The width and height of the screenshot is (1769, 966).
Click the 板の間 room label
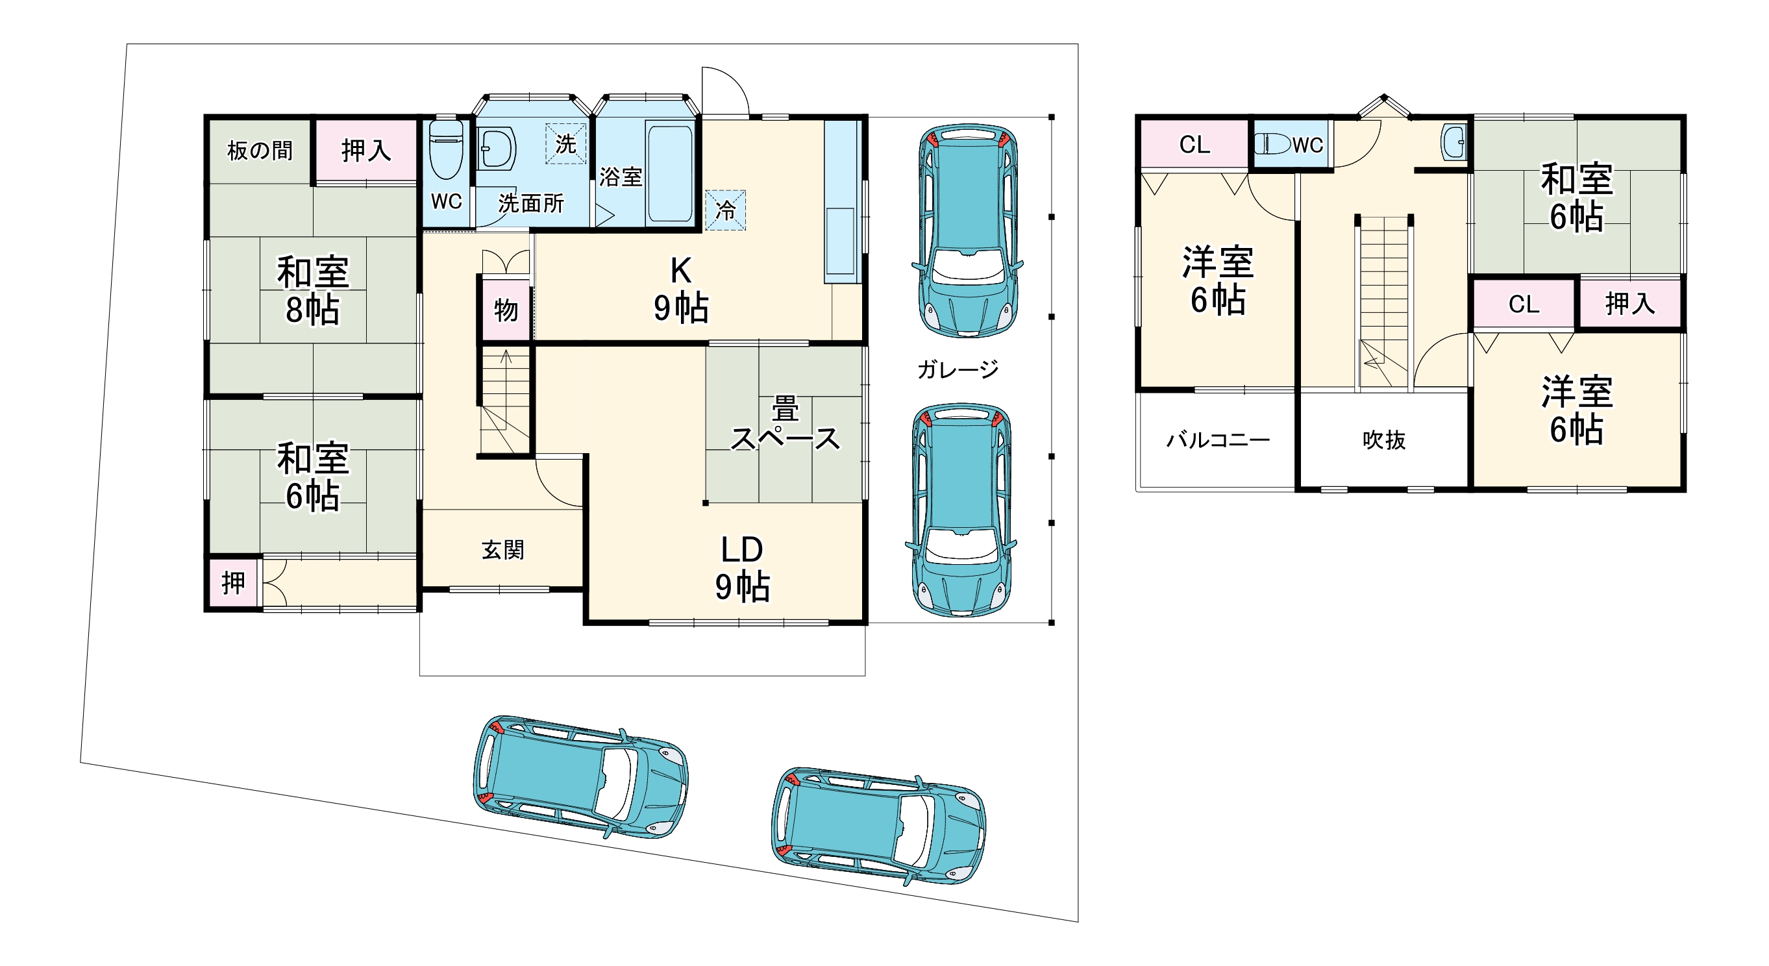[x=260, y=151]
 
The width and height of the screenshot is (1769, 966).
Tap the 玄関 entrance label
[x=502, y=550]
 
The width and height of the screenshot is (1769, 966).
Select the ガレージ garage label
[x=958, y=369]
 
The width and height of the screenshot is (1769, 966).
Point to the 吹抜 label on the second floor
[x=1384, y=440]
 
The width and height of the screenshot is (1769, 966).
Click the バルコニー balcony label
[x=1218, y=440]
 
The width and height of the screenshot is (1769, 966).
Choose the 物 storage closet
[x=506, y=310]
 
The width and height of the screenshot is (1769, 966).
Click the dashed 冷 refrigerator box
[x=725, y=210]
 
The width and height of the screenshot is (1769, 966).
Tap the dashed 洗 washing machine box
[x=566, y=143]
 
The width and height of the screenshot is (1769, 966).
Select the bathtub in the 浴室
[x=669, y=173]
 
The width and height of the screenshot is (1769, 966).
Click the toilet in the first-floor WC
[x=446, y=150]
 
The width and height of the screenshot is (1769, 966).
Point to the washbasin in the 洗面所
[x=496, y=148]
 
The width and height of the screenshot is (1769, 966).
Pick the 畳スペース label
[x=785, y=424]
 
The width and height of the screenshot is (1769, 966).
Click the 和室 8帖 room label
[x=313, y=290]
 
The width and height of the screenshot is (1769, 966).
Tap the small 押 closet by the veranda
[x=234, y=583]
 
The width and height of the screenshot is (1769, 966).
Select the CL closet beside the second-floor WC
[x=1194, y=144]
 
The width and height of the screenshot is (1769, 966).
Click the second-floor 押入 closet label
[x=1629, y=303]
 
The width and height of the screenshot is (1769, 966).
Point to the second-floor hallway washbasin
[x=1453, y=143]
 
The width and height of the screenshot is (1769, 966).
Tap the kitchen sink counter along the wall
[x=842, y=201]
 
